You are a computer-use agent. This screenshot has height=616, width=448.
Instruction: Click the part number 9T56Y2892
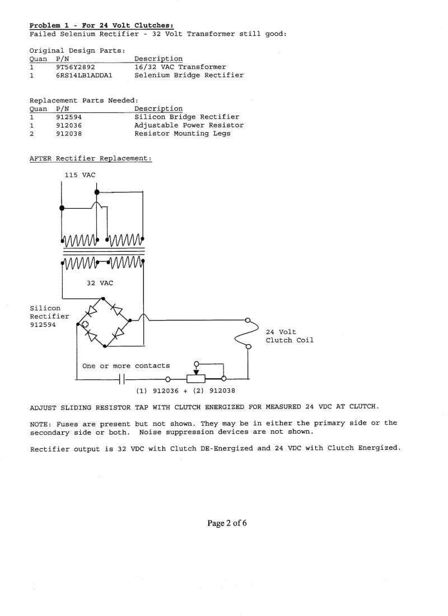(x=75, y=67)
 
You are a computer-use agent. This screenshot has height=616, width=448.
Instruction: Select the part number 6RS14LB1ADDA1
(x=84, y=76)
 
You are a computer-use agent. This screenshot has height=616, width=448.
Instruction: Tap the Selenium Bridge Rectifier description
(x=189, y=75)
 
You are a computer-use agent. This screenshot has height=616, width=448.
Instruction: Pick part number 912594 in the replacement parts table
(x=69, y=117)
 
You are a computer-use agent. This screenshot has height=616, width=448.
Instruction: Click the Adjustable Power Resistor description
(x=189, y=125)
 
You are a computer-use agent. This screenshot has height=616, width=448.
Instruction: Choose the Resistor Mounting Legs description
(x=183, y=134)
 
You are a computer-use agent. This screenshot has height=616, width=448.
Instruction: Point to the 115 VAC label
(x=80, y=175)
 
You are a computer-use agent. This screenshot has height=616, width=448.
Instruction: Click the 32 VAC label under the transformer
(x=100, y=283)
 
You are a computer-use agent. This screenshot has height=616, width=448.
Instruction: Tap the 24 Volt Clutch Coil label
(x=290, y=336)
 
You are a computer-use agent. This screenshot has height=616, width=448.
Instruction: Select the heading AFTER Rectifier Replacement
(x=91, y=159)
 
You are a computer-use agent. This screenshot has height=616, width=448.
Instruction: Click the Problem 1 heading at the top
(x=101, y=26)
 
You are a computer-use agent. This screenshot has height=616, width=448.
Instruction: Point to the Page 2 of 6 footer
(x=227, y=523)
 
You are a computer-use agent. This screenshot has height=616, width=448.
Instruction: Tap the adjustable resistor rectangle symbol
(x=195, y=379)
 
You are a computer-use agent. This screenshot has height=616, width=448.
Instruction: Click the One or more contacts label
(x=126, y=366)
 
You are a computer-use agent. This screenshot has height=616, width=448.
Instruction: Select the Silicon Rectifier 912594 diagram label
(x=49, y=317)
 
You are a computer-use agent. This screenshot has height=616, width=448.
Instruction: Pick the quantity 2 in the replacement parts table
(x=31, y=134)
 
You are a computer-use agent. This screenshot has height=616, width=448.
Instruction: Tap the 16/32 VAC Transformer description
(x=180, y=67)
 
